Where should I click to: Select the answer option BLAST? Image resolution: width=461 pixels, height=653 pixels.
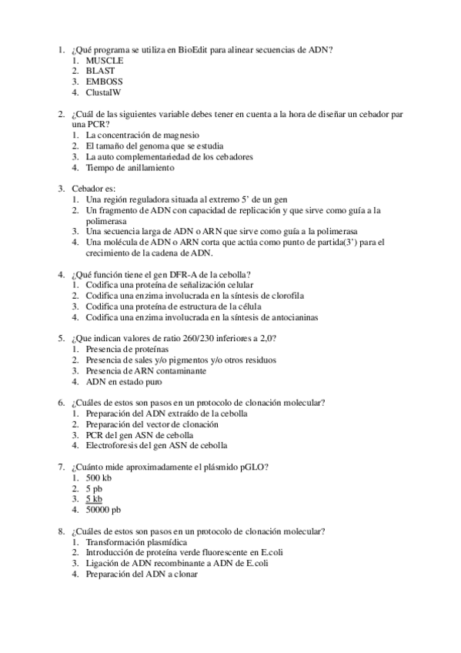[x=100, y=70]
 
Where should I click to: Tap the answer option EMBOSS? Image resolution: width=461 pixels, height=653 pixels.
[x=104, y=81]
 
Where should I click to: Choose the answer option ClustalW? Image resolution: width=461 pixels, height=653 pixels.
[x=103, y=92]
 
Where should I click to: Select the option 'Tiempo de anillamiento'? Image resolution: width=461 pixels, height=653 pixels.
[x=130, y=167]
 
